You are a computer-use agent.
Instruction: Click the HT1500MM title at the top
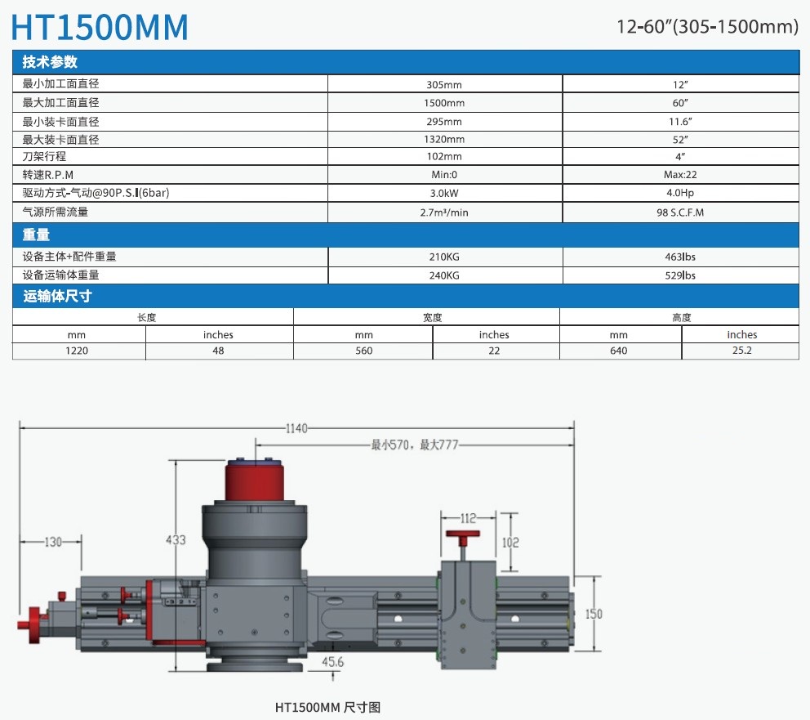pyautogui.click(x=100, y=27)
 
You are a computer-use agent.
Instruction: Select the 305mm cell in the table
pyautogui.click(x=444, y=85)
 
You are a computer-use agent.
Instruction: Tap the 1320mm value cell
pyautogui.click(x=444, y=139)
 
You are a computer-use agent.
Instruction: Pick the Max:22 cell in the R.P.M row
pyautogui.click(x=680, y=175)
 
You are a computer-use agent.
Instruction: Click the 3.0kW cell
pyautogui.click(x=444, y=194)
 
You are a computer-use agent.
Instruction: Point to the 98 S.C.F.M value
pyautogui.click(x=680, y=212)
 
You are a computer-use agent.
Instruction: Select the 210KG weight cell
pyautogui.click(x=444, y=257)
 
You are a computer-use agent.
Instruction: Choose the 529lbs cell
pyautogui.click(x=680, y=275)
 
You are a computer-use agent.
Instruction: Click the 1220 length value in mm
pyautogui.click(x=77, y=351)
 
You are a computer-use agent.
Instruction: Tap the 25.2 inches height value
pyautogui.click(x=741, y=350)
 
